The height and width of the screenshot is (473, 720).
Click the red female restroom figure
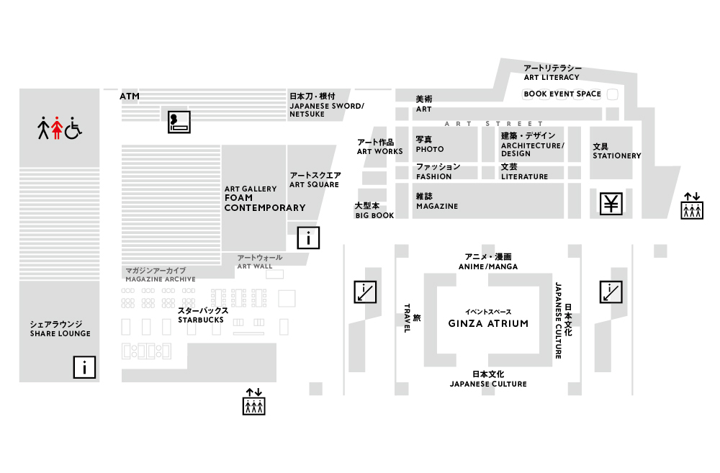click(x=57, y=127)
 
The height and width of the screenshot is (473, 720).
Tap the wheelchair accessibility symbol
click(x=73, y=127)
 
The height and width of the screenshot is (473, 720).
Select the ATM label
click(x=130, y=96)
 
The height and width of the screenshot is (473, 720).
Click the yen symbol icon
click(x=611, y=204)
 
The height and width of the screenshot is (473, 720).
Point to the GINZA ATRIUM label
click(x=488, y=323)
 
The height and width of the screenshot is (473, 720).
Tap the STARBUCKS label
click(x=201, y=320)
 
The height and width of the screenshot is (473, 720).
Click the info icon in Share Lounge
click(x=84, y=367)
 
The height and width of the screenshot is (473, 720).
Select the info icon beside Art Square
click(x=308, y=238)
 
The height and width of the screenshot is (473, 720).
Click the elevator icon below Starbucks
click(x=254, y=402)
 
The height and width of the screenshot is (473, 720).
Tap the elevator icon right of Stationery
click(x=692, y=206)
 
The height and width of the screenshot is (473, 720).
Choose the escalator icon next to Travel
click(x=365, y=292)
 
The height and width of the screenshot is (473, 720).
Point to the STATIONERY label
click(x=617, y=156)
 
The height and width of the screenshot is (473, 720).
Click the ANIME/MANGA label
click(x=488, y=266)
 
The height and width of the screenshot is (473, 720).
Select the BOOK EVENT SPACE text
click(x=562, y=94)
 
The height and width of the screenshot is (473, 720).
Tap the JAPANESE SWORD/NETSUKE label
click(x=326, y=109)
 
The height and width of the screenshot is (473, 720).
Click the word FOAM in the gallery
click(x=238, y=198)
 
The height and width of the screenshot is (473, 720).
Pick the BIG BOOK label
click(x=374, y=215)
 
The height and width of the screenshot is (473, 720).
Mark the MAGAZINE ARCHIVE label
click(x=161, y=279)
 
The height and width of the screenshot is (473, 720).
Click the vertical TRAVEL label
click(x=406, y=317)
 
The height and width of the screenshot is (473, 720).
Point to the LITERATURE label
click(x=524, y=176)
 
